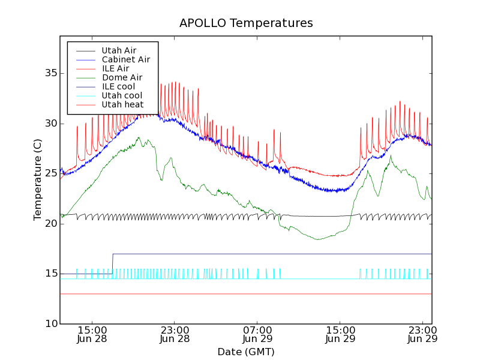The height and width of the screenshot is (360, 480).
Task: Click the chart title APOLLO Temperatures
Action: (x=246, y=23)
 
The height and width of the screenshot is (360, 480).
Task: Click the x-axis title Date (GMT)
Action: (x=246, y=352)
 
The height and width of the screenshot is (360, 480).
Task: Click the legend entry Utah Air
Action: (x=119, y=51)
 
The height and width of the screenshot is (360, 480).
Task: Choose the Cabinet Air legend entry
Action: (x=125, y=60)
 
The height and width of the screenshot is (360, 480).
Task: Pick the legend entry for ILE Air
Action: (x=115, y=69)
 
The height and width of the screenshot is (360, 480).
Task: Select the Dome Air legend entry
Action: (x=122, y=78)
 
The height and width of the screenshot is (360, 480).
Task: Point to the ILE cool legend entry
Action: (x=118, y=87)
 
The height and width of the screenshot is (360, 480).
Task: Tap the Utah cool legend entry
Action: (x=122, y=96)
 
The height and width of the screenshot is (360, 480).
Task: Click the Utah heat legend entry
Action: (x=122, y=105)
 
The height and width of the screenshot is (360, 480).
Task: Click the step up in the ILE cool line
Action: (x=113, y=263)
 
